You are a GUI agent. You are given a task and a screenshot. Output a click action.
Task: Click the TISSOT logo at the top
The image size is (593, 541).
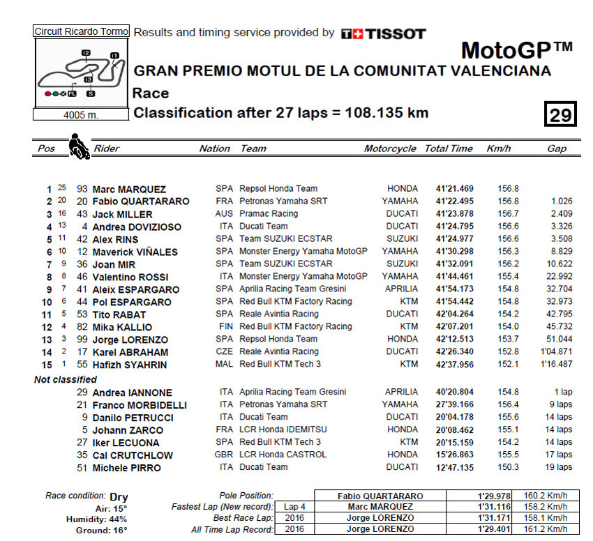pos(383,33)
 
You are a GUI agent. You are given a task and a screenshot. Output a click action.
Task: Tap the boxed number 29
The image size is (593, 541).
pos(560,114)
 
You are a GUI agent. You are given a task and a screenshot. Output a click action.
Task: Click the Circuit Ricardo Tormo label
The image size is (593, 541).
pos(82,31)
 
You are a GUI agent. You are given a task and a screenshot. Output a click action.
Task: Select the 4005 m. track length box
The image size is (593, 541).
pos(82,115)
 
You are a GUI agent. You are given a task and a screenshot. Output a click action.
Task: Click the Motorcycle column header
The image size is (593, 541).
pos(390,148)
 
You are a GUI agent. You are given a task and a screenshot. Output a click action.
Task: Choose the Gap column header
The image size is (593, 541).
pos(557,148)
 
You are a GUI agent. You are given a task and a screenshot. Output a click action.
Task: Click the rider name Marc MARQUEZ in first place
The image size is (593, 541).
pos(129,190)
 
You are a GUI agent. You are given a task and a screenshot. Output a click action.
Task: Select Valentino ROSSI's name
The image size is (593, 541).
pos(130,277)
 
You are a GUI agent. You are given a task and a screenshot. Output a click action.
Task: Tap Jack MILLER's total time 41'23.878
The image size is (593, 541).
pos(454,214)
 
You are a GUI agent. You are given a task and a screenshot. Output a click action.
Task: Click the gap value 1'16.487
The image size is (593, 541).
pos(555,365)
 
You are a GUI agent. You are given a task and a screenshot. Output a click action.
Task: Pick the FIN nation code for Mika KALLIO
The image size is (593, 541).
pos(225,327)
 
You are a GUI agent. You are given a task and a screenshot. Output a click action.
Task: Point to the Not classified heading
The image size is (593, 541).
pos(66,380)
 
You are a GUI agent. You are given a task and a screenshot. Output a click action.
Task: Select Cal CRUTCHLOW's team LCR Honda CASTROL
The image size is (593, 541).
pos(283,455)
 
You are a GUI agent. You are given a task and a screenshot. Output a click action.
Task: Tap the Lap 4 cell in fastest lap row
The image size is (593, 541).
pos(294,507)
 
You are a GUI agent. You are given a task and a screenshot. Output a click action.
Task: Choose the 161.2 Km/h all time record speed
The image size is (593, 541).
pos(548,529)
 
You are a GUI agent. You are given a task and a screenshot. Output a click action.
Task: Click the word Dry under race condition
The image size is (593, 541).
pos(119,497)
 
